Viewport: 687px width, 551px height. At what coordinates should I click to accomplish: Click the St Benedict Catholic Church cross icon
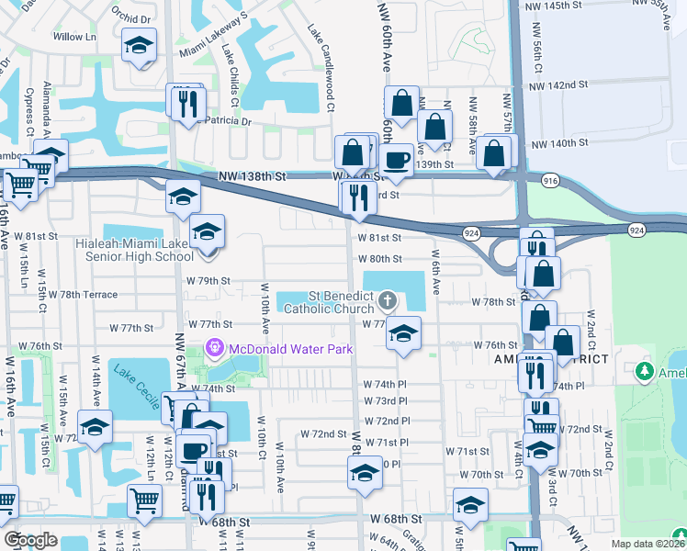pos(388,300)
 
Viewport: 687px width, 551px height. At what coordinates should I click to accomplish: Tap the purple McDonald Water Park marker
pos(214,347)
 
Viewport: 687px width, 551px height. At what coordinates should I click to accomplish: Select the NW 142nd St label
pos(558,84)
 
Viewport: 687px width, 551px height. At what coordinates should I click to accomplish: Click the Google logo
pos(30,540)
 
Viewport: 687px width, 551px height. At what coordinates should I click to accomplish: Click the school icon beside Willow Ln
pos(139,45)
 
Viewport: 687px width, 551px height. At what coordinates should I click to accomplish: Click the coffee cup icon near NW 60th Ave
pos(397,158)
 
